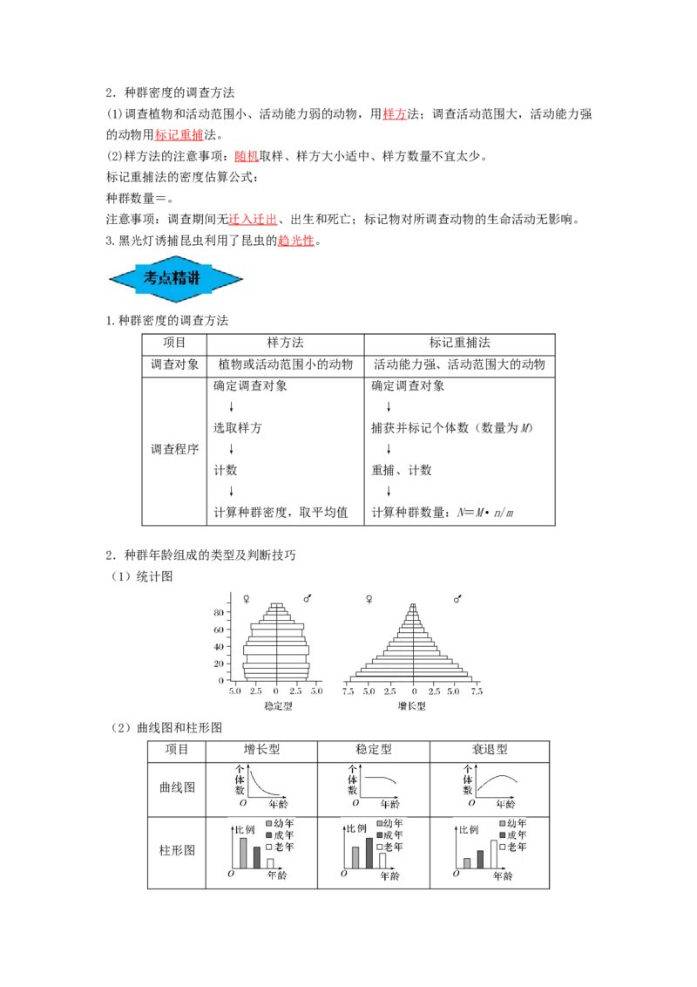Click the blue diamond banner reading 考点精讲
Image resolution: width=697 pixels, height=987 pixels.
coord(175,279)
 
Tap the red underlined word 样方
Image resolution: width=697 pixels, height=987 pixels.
coord(395,114)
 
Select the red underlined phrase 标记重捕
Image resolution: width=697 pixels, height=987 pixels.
coord(179,134)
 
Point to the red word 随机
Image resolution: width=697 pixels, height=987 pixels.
coord(247,156)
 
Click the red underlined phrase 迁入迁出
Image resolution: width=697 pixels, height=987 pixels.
coord(253,219)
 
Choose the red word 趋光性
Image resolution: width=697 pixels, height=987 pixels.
coord(295,241)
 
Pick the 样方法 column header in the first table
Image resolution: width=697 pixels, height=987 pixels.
coord(286,343)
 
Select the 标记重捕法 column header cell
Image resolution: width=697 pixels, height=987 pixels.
coord(460,343)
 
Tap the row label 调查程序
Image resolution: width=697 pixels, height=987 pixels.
coord(175,449)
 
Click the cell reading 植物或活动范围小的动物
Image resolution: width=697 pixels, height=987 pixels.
coord(286,364)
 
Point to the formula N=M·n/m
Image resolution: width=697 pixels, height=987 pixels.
coord(485,513)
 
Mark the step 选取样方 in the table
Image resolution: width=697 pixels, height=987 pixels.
coord(237,428)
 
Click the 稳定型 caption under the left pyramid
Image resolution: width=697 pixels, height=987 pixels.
coord(278,706)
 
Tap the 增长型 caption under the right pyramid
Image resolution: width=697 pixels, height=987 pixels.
coord(412,706)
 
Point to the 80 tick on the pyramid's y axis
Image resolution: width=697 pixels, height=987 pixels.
coord(219,612)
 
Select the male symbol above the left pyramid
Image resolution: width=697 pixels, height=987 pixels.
coord(308,598)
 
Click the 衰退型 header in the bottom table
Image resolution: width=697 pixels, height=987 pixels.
coord(490,750)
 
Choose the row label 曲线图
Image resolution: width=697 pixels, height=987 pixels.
coord(178,787)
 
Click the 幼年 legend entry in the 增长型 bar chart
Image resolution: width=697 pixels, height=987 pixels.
coord(280,823)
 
